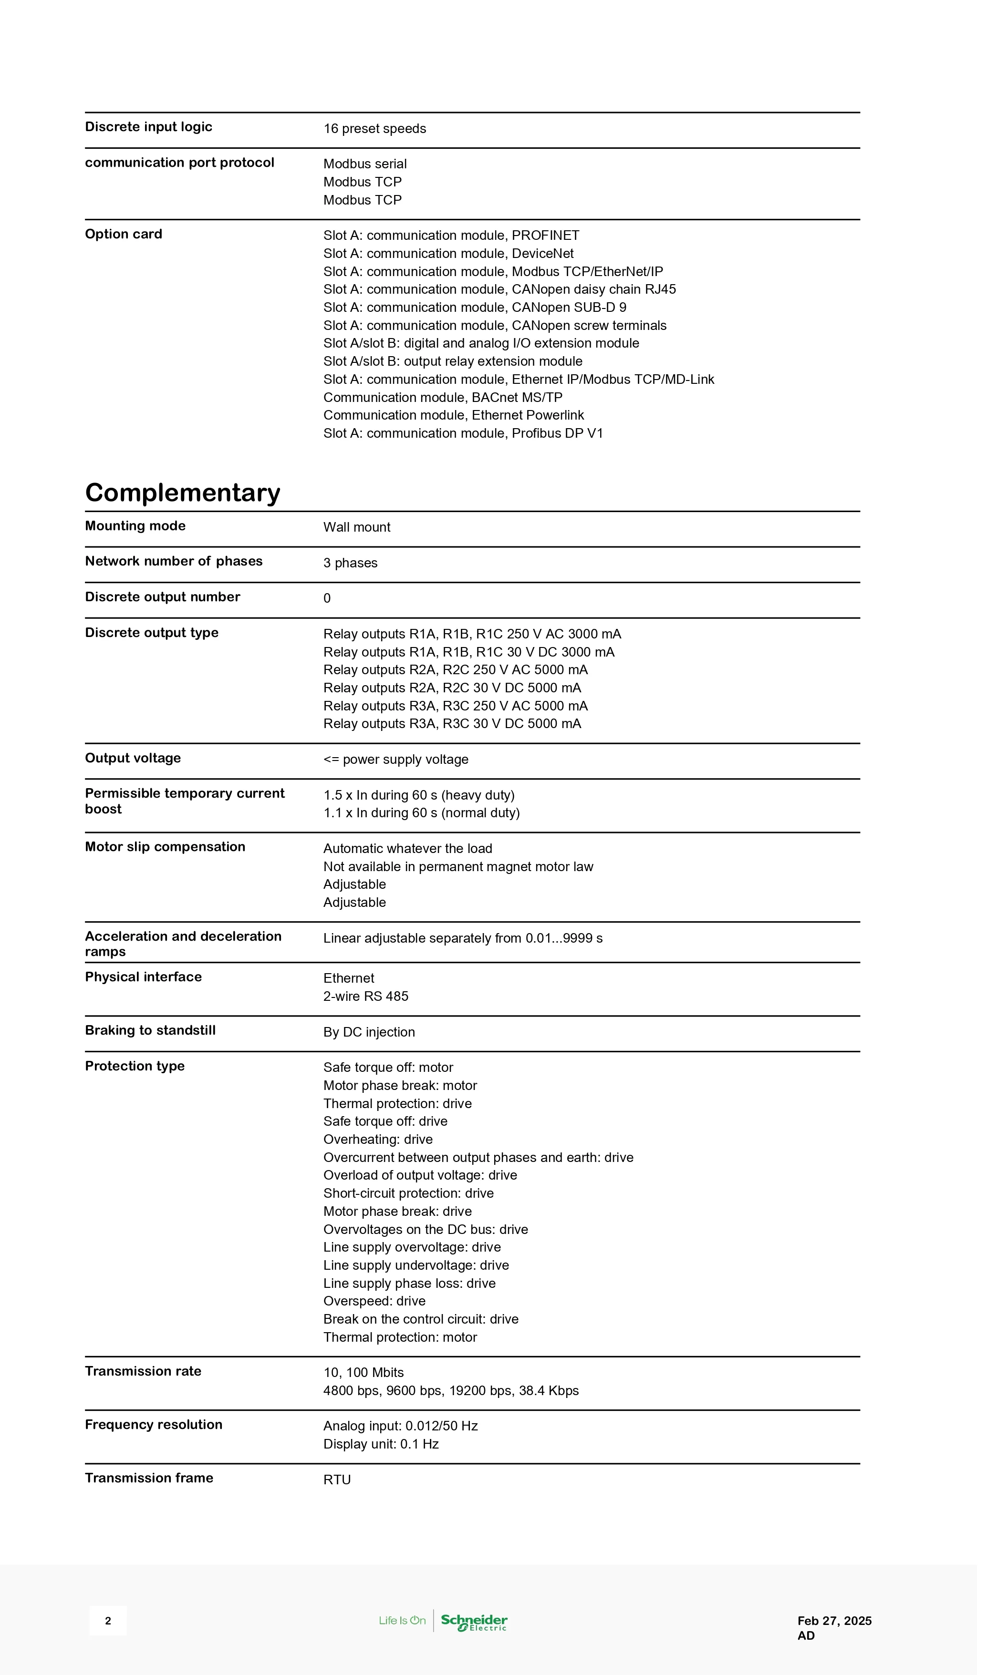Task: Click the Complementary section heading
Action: [x=182, y=493]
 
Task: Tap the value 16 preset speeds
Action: [x=374, y=129]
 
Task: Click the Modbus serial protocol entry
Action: [x=364, y=164]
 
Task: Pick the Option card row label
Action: [x=123, y=234]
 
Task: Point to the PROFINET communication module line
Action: [x=451, y=235]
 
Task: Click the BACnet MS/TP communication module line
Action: [x=443, y=397]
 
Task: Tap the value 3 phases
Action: [x=350, y=563]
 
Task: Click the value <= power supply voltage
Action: [x=395, y=760]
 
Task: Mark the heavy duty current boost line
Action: [x=418, y=795]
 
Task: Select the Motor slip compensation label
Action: [x=165, y=847]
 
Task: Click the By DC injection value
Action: [x=369, y=1032]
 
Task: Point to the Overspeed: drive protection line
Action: [x=374, y=1301]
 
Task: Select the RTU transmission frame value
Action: [x=337, y=1480]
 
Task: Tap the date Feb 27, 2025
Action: [x=834, y=1621]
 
